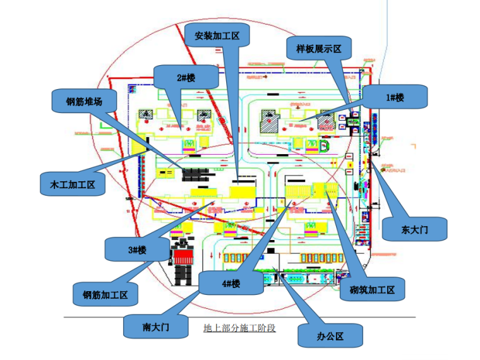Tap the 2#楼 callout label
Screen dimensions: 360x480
tap(186, 78)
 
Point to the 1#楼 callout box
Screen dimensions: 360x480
tap(395, 97)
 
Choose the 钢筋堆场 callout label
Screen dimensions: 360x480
tap(85, 102)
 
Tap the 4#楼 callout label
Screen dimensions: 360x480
tap(231, 284)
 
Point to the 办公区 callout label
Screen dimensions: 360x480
tap(330, 336)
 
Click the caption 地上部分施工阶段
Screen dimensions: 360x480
tap(239, 328)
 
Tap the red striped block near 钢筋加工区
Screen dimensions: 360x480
tap(186, 258)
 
